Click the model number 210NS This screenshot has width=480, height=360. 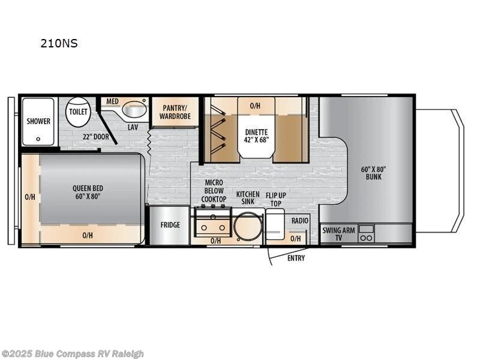tap(59, 43)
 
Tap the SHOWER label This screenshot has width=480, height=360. tap(38, 121)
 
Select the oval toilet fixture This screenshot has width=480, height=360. tap(78, 112)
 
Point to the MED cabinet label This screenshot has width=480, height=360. tap(113, 101)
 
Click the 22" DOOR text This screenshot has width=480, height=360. tap(96, 136)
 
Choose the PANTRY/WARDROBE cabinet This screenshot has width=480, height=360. tap(175, 112)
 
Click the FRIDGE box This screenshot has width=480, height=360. tap(170, 225)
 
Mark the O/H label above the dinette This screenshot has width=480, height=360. tap(255, 106)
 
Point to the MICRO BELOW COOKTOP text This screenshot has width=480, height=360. tap(214, 191)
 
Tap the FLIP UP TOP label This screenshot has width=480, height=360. tap(276, 199)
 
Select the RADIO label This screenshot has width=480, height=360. tap(299, 221)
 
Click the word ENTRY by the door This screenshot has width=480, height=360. tap(296, 258)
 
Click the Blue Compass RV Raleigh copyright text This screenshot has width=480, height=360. tap(73, 353)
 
